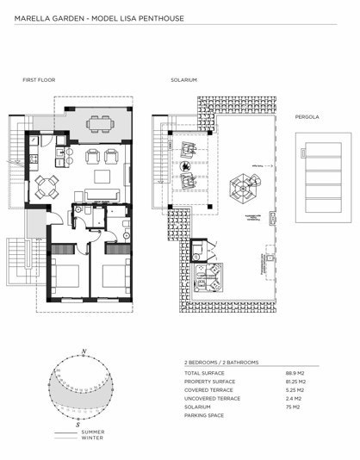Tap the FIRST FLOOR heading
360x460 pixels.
pyautogui.click(x=39, y=80)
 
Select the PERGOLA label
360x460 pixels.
pyautogui.click(x=307, y=115)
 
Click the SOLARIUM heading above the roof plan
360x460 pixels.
pyautogui.click(x=183, y=80)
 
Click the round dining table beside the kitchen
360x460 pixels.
pyautogui.click(x=46, y=183)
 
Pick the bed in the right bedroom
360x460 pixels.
pyautogui.click(x=112, y=277)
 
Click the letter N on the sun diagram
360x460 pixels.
pyautogui.click(x=82, y=351)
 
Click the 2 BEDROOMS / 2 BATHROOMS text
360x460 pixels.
pyautogui.click(x=221, y=363)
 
